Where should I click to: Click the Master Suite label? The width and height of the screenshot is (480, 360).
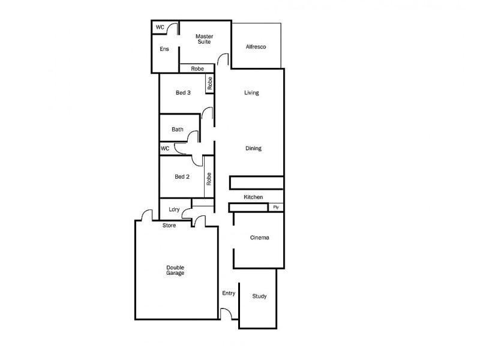pyautogui.click(x=205, y=39)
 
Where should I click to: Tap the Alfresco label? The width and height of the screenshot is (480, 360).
pyautogui.click(x=256, y=47)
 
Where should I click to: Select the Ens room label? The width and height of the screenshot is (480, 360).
pyautogui.click(x=164, y=49)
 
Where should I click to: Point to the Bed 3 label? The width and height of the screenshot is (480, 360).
pyautogui.click(x=183, y=92)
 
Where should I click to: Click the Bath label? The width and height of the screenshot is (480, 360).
pyautogui.click(x=178, y=129)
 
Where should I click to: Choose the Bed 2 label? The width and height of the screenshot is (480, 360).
pyautogui.click(x=182, y=176)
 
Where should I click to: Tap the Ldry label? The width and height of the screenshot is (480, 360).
pyautogui.click(x=175, y=209)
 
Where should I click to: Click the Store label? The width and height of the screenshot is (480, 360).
pyautogui.click(x=169, y=226)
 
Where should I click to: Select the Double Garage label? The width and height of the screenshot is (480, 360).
pyautogui.click(x=176, y=270)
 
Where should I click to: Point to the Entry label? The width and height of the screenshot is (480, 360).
pyautogui.click(x=229, y=293)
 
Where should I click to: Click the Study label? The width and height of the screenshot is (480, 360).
pyautogui.click(x=259, y=296)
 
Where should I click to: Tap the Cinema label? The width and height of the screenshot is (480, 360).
pyautogui.click(x=259, y=238)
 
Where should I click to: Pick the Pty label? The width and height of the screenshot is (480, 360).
pyautogui.click(x=276, y=207)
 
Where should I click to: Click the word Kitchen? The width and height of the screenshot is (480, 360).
pyautogui.click(x=253, y=197)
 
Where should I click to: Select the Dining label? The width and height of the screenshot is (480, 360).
pyautogui.click(x=253, y=148)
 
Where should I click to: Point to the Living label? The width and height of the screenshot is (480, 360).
pyautogui.click(x=251, y=93)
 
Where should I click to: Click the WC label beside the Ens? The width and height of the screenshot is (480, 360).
pyautogui.click(x=160, y=27)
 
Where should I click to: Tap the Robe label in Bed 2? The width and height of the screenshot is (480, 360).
pyautogui.click(x=209, y=178)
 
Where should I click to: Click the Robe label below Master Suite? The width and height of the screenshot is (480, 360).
pyautogui.click(x=197, y=69)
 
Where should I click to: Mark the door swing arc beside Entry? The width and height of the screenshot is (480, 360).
pyautogui.click(x=226, y=313)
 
